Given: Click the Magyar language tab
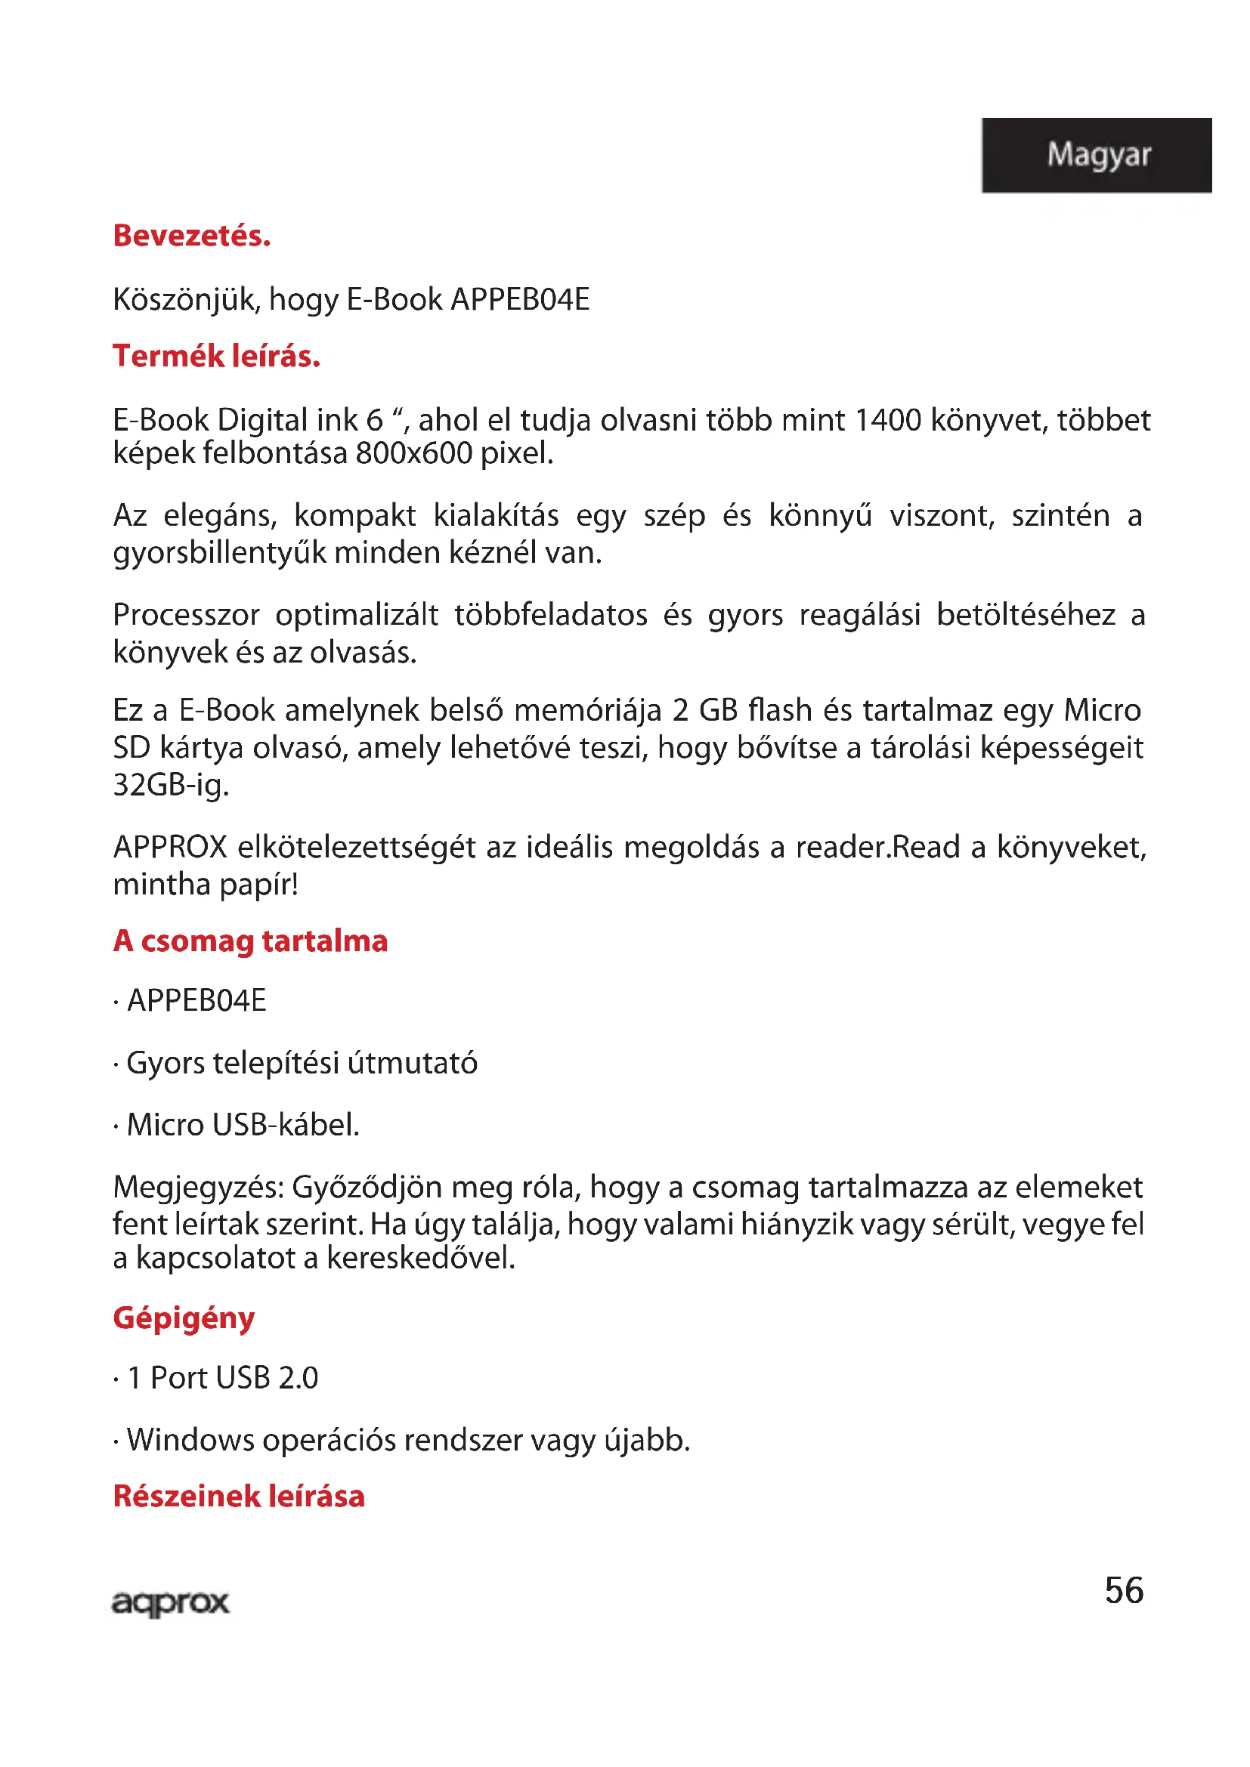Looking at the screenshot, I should (x=1097, y=154).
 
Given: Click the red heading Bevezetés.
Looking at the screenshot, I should (x=192, y=236).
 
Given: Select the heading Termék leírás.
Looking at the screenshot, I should (x=216, y=357).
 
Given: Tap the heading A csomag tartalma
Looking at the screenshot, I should (x=250, y=941).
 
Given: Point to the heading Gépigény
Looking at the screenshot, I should (x=183, y=1318).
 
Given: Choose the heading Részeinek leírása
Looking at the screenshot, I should (x=239, y=1496).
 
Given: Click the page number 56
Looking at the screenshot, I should (x=1124, y=1590).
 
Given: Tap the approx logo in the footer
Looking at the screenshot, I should (x=170, y=1602).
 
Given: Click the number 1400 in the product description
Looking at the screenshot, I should (x=887, y=420).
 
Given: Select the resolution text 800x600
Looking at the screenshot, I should (x=413, y=453).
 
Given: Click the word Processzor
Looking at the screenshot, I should (x=186, y=615).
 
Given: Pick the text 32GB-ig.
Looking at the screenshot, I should (x=171, y=785).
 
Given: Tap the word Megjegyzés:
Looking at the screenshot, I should (x=199, y=1188).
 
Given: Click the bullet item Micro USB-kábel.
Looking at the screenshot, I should (x=243, y=1125).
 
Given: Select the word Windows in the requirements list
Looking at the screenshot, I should (x=190, y=1440).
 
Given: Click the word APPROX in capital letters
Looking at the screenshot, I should (x=170, y=848).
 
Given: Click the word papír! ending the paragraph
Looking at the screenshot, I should (x=258, y=885).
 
